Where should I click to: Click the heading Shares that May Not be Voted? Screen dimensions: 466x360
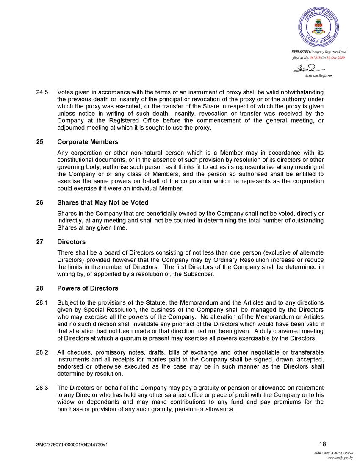point(102,202)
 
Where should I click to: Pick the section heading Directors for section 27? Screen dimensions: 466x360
point(71,241)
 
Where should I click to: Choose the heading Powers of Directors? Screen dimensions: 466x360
point(87,288)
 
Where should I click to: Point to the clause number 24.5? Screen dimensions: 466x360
point(42,92)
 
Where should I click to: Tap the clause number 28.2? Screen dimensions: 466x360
point(42,352)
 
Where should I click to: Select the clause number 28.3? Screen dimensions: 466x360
point(42,388)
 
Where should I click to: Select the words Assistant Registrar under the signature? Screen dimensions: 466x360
point(318,75)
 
